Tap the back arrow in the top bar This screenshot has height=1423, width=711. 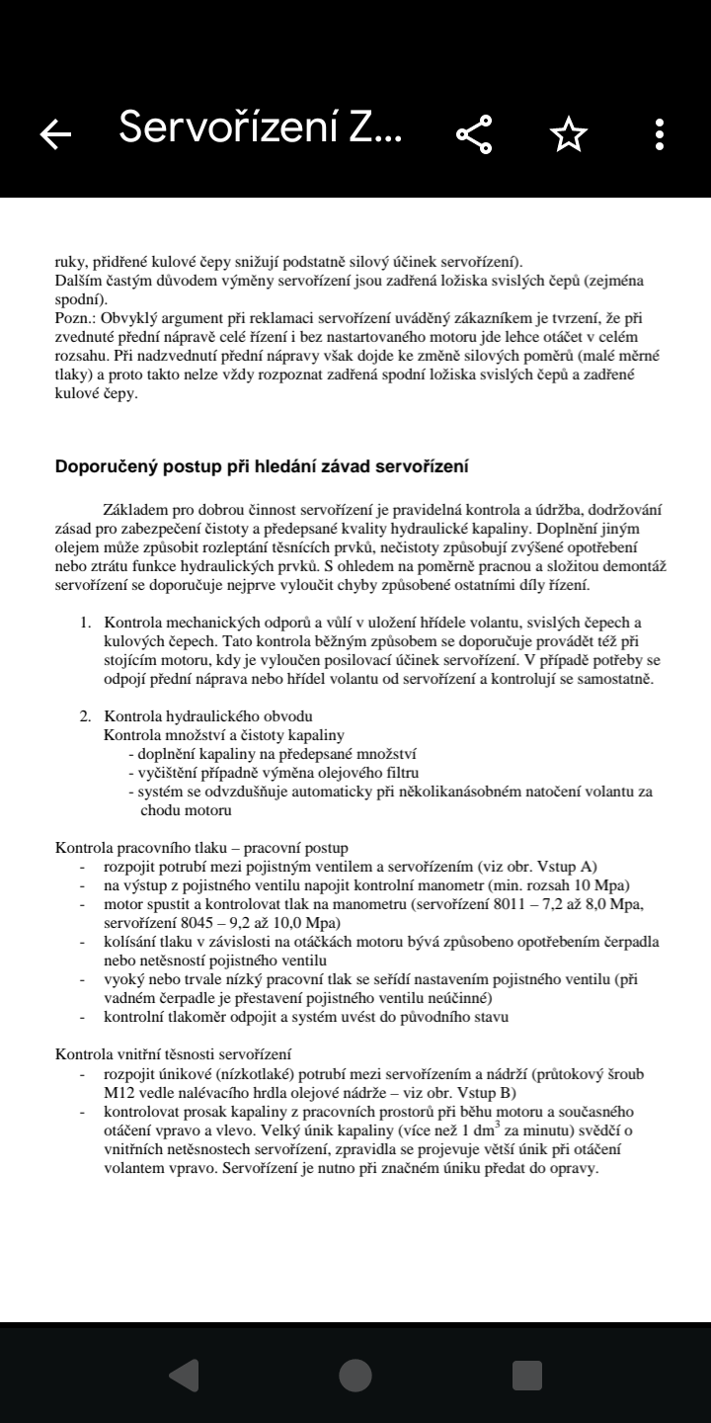pyautogui.click(x=56, y=134)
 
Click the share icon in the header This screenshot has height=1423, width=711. pyautogui.click(x=475, y=134)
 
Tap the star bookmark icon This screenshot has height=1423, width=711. pyautogui.click(x=569, y=134)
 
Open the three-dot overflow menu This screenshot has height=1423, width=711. pyautogui.click(x=659, y=134)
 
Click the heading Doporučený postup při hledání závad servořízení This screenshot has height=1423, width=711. pyautogui.click(x=262, y=466)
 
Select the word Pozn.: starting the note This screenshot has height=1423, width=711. pyautogui.click(x=76, y=318)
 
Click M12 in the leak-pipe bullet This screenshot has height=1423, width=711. pyautogui.click(x=119, y=1092)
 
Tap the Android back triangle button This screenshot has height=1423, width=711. pyautogui.click(x=185, y=1375)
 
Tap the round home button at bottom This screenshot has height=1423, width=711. pyautogui.click(x=355, y=1375)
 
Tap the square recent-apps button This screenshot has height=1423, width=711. pyautogui.click(x=526, y=1375)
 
